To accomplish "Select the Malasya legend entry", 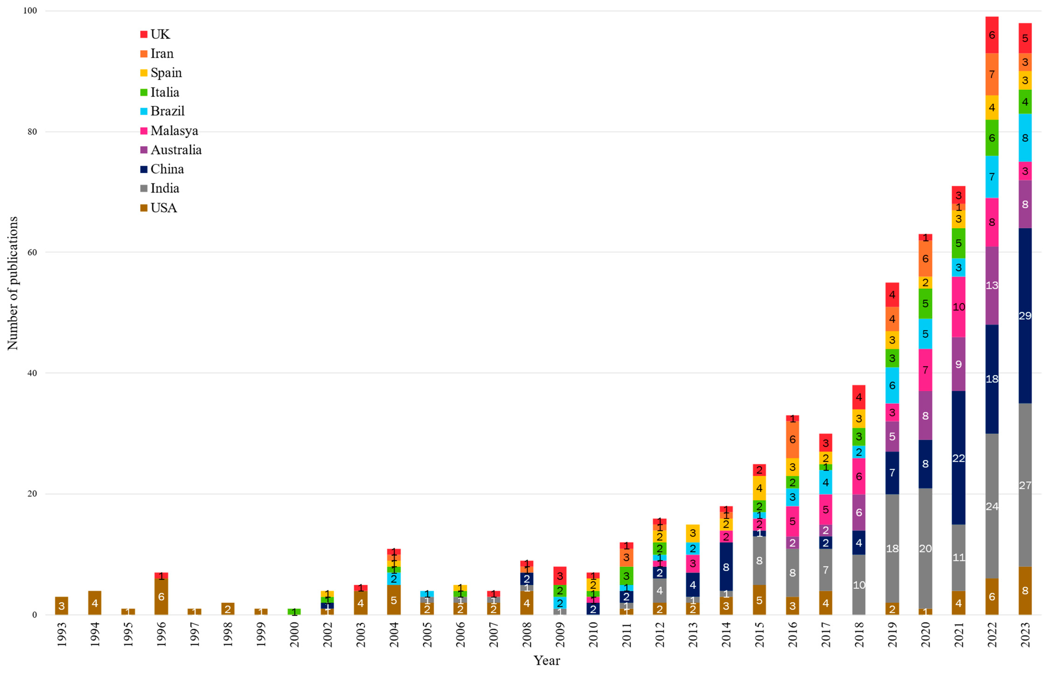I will coord(174,131).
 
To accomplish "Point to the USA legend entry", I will coord(164,208).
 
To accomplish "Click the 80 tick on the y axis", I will coord(32,131).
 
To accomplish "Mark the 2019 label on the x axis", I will coord(892,634).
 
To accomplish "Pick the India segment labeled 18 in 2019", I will coord(892,548).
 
